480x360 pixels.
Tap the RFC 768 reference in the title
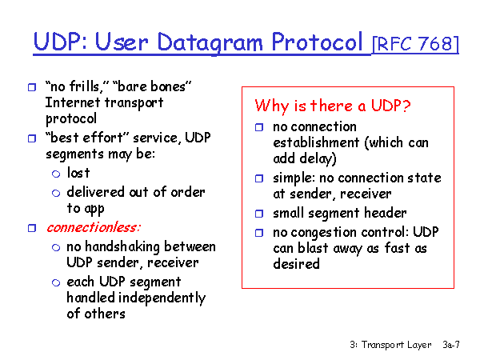[x=416, y=43]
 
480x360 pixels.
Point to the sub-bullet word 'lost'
[x=78, y=173]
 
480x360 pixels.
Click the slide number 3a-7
[x=451, y=345]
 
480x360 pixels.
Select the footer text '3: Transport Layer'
[x=390, y=345]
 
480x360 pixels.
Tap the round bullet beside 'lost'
[x=56, y=174]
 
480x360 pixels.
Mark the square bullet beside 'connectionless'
[x=31, y=229]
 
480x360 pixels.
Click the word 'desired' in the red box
[x=296, y=264]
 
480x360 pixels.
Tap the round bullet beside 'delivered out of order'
[x=56, y=193]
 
